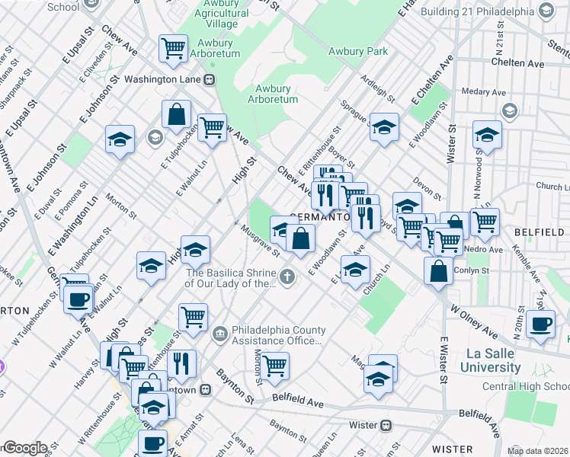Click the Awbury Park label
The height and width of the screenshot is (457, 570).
357,52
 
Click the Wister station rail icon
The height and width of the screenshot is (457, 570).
386,424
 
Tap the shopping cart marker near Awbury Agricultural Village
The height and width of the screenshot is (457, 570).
174,49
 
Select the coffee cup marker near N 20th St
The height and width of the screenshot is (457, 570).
540,323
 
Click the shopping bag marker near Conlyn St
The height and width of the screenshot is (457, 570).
439,272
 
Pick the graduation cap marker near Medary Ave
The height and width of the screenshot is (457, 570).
486,135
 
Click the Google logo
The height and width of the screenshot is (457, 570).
24,448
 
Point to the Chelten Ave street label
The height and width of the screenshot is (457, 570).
516,62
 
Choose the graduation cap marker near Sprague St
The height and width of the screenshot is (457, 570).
385,126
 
